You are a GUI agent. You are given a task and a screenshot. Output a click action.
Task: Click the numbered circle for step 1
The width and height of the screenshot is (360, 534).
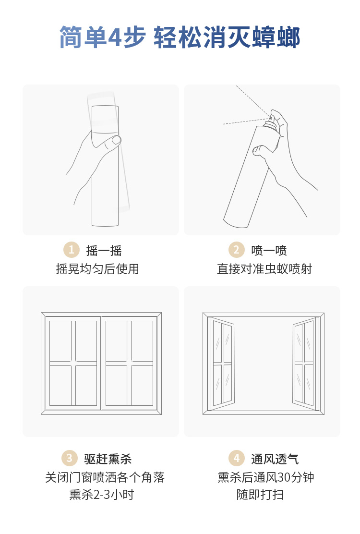tap(72, 250)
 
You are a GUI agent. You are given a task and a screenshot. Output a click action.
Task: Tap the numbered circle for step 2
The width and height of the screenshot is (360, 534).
tap(237, 250)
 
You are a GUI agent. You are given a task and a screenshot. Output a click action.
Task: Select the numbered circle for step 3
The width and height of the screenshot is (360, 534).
tap(70, 458)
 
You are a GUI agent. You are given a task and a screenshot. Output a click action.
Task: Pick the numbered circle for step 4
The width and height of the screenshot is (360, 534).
tap(237, 458)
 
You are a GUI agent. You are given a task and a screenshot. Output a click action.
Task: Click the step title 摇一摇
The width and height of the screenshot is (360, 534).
tap(104, 251)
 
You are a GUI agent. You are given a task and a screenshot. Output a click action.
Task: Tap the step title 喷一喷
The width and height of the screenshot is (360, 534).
tap(269, 251)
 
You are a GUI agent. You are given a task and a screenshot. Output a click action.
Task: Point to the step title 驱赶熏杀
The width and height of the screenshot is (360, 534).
tap(108, 459)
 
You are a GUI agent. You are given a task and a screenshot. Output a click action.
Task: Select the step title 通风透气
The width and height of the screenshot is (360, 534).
tap(275, 459)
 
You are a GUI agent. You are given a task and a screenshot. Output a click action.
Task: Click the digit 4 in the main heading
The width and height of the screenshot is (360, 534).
tap(115, 37)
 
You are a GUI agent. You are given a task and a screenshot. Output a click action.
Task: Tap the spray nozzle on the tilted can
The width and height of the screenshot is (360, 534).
tap(271, 119)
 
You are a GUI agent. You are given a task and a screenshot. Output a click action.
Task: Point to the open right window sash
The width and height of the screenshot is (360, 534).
tap(306, 364)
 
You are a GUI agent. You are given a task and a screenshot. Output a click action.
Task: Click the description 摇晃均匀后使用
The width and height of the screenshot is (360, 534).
tap(97, 269)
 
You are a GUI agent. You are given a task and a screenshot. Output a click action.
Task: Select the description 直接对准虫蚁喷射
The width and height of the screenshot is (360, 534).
tap(265, 269)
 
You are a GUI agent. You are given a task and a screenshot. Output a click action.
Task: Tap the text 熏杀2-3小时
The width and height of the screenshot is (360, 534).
tap(102, 495)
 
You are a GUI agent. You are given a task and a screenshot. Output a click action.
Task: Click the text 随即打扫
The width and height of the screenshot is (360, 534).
tap(260, 495)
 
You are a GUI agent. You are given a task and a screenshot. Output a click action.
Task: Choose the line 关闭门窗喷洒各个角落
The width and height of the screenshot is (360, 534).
tap(105, 477)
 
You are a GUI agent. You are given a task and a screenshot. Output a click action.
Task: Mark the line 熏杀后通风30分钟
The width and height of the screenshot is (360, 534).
tap(266, 477)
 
